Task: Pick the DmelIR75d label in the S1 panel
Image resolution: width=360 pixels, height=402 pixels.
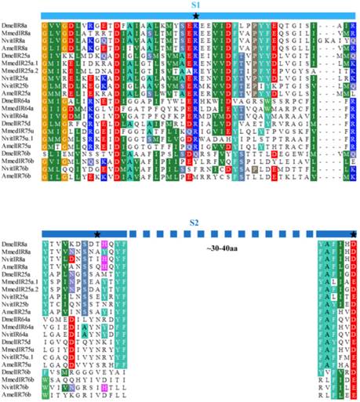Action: (17, 145)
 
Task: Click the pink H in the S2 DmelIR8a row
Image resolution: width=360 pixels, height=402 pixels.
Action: (102, 244)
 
